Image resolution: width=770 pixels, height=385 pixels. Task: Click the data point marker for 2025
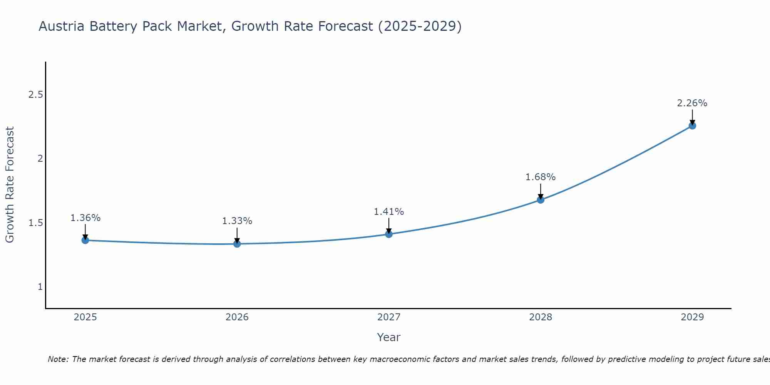click(x=85, y=240)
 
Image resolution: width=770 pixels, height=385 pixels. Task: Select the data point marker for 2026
click(x=237, y=244)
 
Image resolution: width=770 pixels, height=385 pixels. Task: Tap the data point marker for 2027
click(x=389, y=234)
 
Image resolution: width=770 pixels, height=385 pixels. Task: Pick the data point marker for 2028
click(x=541, y=199)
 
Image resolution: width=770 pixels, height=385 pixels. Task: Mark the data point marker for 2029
click(x=692, y=126)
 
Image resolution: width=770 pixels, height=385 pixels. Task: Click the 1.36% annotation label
click(x=85, y=218)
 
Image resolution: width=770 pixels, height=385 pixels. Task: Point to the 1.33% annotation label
click(x=237, y=221)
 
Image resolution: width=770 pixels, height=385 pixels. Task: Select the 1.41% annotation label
click(x=389, y=212)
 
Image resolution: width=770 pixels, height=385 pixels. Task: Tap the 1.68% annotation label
click(x=541, y=177)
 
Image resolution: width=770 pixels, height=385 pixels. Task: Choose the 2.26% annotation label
click(x=692, y=103)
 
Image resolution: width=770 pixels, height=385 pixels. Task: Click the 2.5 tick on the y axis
click(x=35, y=95)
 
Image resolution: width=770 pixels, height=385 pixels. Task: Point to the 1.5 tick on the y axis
click(x=35, y=223)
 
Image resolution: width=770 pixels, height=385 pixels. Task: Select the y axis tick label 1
click(x=40, y=287)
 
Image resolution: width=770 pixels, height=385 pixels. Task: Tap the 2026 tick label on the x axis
click(x=237, y=317)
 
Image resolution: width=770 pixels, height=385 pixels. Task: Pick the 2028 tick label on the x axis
click(x=541, y=317)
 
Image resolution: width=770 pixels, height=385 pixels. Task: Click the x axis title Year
click(x=389, y=337)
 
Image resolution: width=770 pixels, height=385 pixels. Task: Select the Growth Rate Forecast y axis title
click(x=10, y=185)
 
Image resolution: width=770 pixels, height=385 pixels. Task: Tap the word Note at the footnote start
click(x=58, y=359)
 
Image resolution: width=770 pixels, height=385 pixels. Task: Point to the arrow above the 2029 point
click(x=692, y=117)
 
